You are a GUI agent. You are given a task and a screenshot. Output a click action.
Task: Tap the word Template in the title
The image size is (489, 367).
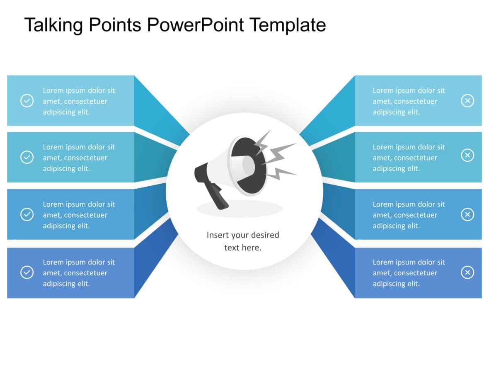click(287, 25)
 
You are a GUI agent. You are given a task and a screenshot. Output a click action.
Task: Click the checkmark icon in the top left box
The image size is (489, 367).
click(27, 101)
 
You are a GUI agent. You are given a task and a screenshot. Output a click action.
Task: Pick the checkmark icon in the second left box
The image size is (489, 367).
click(27, 157)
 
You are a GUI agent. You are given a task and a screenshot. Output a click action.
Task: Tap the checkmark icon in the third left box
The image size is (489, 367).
click(27, 214)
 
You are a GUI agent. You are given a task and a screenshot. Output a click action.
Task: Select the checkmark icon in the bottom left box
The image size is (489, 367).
click(27, 272)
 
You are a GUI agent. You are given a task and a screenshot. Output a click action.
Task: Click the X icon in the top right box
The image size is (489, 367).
click(467, 101)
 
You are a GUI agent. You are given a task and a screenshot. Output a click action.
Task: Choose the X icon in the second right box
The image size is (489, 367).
click(467, 155)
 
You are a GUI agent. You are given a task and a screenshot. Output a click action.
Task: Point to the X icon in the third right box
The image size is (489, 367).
click(467, 214)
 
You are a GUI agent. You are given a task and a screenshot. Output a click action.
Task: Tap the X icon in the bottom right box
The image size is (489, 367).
click(467, 272)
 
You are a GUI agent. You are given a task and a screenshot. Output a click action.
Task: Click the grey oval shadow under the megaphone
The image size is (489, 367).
click(240, 209)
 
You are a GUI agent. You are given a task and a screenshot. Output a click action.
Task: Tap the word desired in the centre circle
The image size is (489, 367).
click(265, 235)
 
